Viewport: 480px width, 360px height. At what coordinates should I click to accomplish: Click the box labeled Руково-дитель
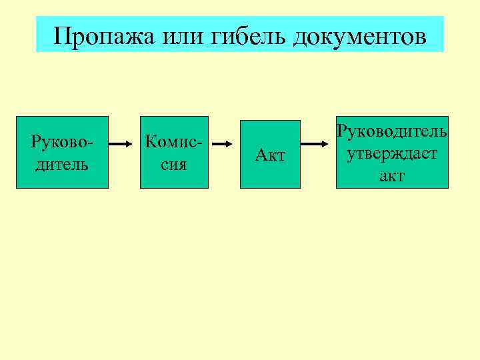pyautogui.click(x=62, y=153)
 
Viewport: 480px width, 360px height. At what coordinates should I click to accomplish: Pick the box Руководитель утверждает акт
pyautogui.click(x=392, y=153)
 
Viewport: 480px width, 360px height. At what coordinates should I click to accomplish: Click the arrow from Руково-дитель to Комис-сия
pyautogui.click(x=123, y=143)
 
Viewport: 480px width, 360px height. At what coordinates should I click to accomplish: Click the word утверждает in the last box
pyautogui.click(x=392, y=154)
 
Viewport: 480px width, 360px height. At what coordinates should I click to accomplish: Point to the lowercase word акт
pyautogui.click(x=392, y=175)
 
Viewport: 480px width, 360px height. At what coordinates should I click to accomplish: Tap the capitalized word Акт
pyautogui.click(x=271, y=156)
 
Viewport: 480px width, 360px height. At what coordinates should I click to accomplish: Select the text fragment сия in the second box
pyautogui.click(x=173, y=164)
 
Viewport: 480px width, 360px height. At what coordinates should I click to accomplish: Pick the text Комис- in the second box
pyautogui.click(x=173, y=142)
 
